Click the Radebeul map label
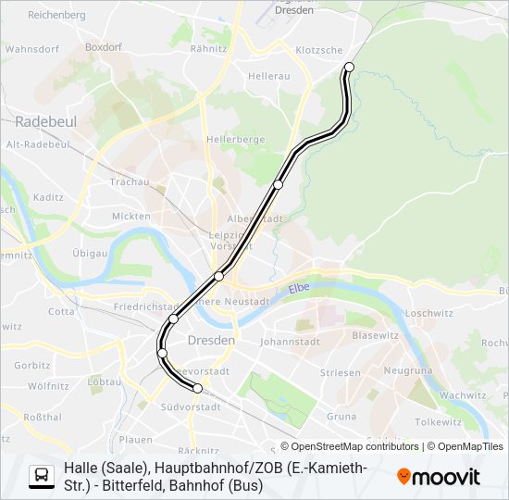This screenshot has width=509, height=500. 45,121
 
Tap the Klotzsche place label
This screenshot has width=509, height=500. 318,50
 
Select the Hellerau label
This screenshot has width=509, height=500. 268,76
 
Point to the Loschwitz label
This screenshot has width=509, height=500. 427,313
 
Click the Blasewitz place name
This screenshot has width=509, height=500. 375,335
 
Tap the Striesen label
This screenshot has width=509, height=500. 340,373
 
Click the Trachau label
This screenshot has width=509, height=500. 129,182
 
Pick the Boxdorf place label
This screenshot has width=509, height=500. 103,45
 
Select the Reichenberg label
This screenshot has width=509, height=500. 56,16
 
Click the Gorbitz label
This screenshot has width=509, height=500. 32,366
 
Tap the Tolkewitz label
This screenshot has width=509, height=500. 438,422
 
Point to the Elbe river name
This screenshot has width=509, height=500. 298,290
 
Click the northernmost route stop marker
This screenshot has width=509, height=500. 349,67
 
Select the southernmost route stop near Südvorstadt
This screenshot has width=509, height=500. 197,388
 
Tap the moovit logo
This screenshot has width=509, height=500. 439,477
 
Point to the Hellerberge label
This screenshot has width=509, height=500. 236,139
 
